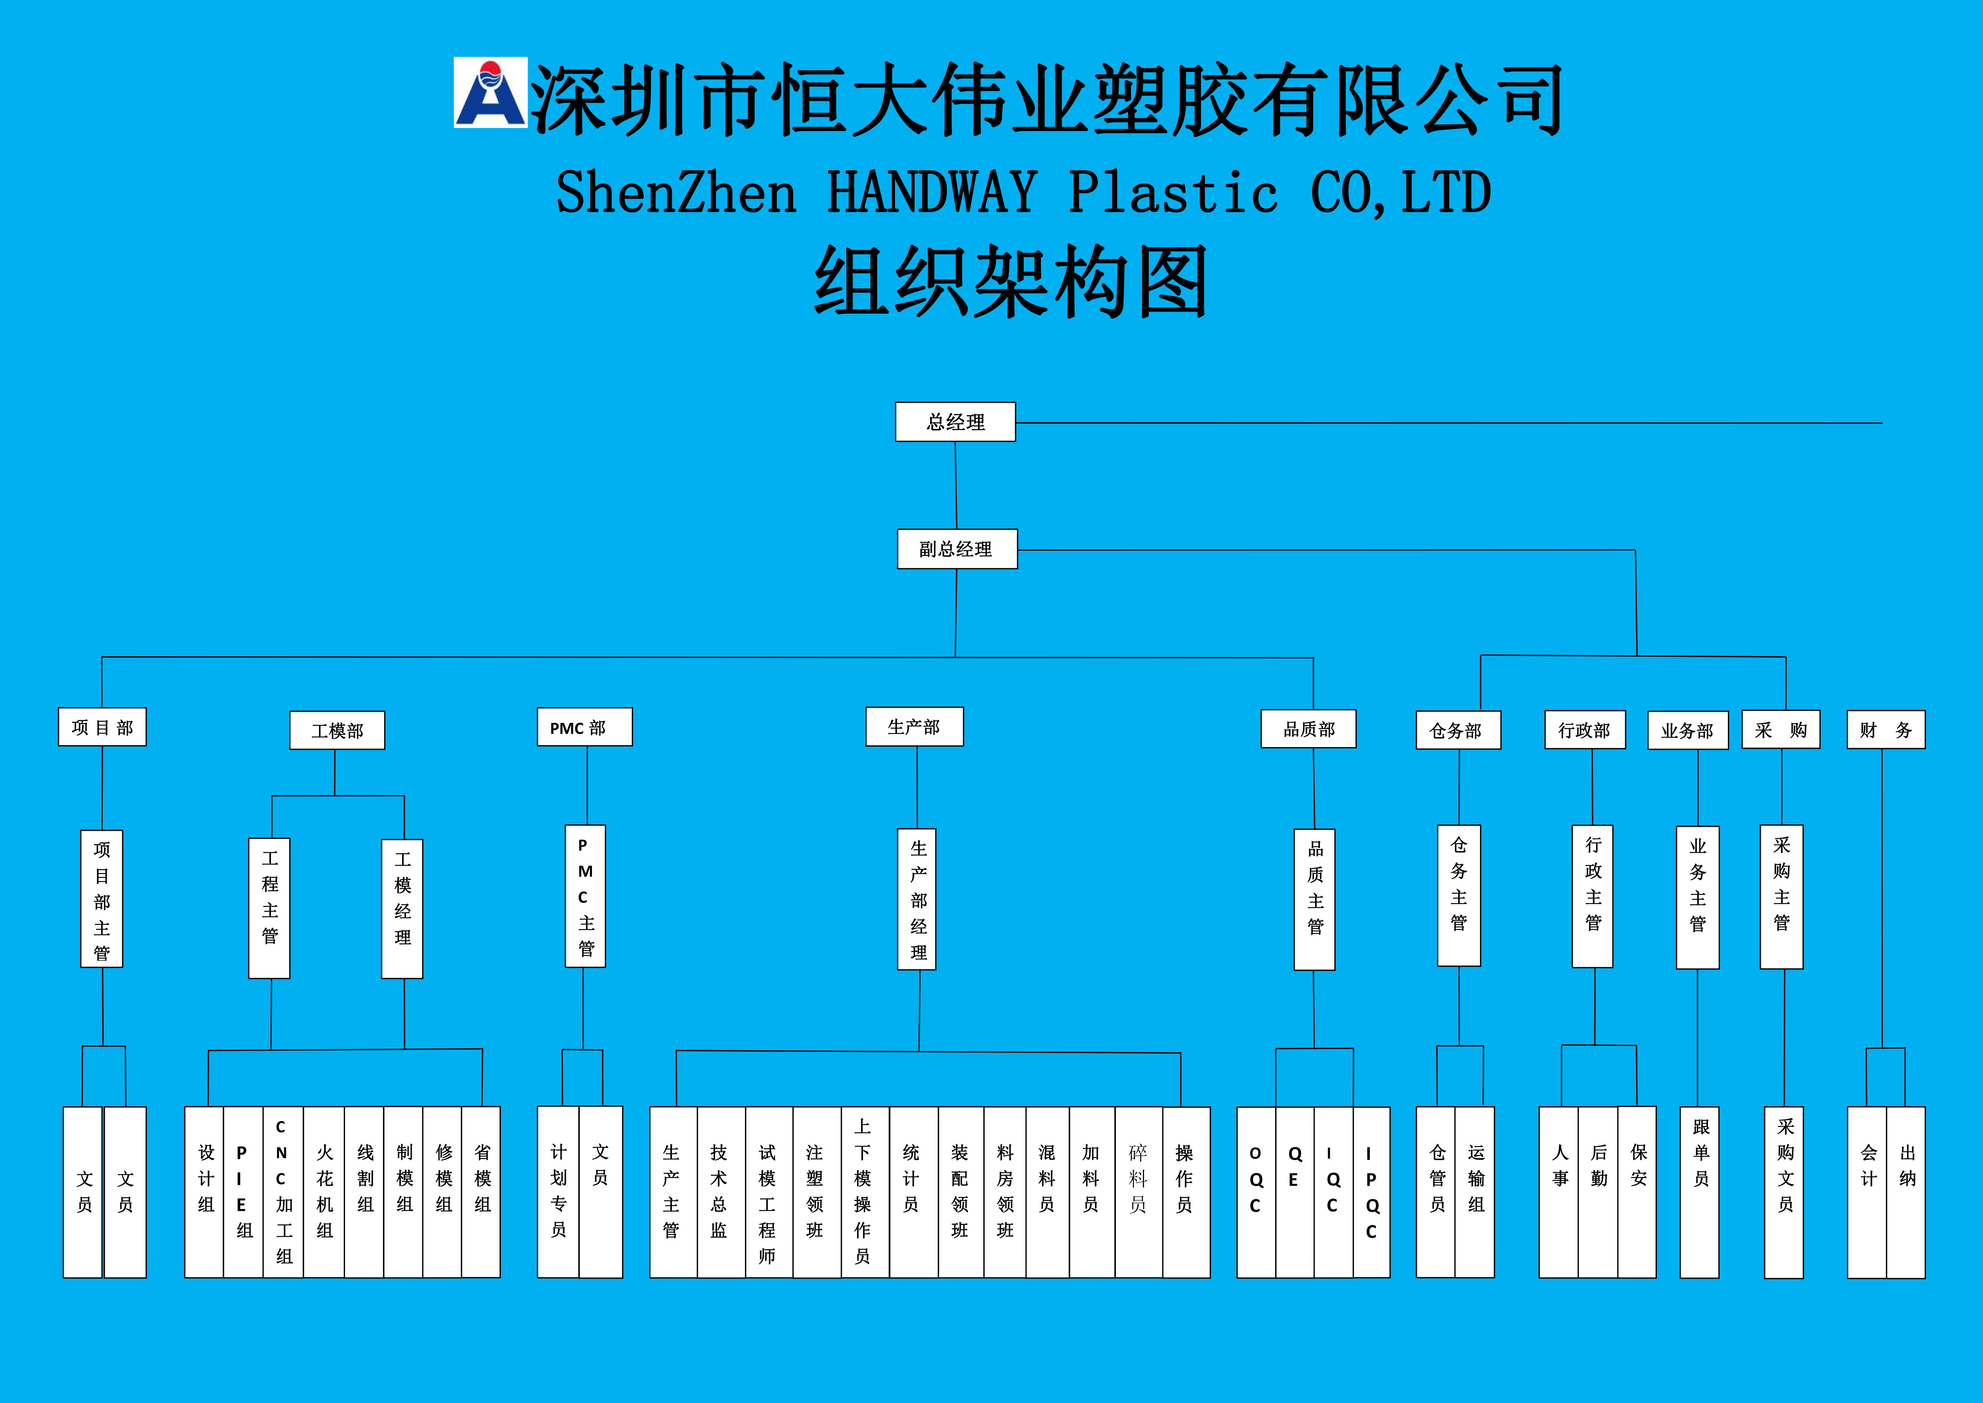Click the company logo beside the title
coord(490,92)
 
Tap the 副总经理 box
coord(957,549)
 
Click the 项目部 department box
coord(102,727)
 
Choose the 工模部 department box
coord(337,731)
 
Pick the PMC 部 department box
coord(585,727)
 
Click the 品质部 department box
coord(1308,729)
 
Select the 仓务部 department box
coord(1458,731)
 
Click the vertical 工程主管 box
coord(269,908)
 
